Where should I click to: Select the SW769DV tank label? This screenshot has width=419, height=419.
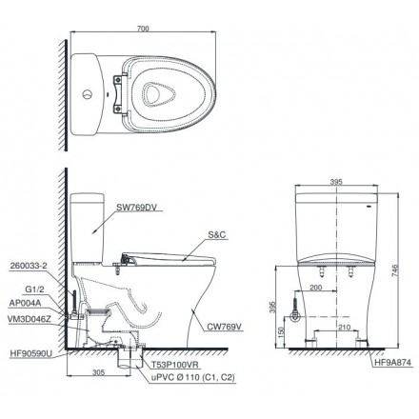(136, 203)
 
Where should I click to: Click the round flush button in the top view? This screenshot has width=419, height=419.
(88, 94)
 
